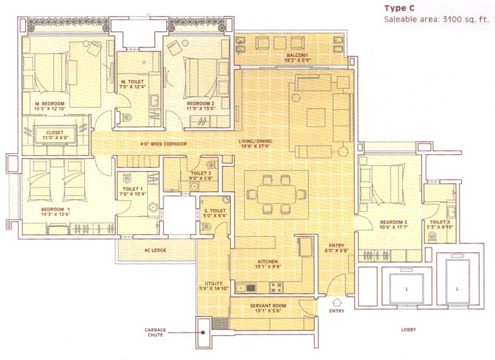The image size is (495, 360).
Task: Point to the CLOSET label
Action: coord(54,133)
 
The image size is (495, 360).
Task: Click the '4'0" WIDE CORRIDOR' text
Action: coord(163,144)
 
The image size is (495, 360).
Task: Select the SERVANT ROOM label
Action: coord(268,306)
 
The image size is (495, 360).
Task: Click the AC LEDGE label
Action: coord(155,250)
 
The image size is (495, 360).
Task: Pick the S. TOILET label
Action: coord(213,210)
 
